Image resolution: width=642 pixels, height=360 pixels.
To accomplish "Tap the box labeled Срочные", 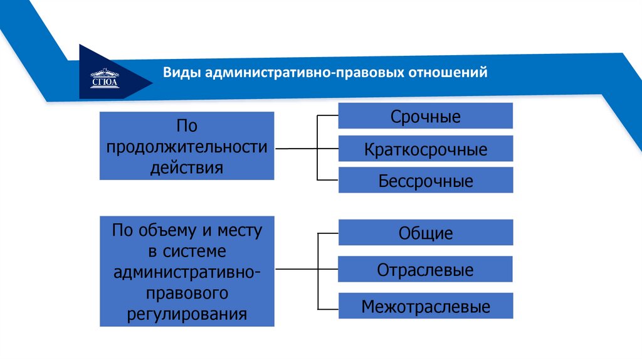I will click(x=426, y=116).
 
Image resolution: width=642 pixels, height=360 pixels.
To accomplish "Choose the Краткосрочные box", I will click(x=426, y=149).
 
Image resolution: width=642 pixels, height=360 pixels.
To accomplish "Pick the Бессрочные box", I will click(x=426, y=181).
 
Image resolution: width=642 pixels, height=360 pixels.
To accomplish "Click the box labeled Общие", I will click(x=426, y=233).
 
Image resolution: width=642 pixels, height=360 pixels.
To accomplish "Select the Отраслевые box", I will click(x=426, y=270).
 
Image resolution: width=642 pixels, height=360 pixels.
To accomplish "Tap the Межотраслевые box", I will click(x=426, y=307).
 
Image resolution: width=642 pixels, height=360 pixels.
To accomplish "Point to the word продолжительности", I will click(x=187, y=147).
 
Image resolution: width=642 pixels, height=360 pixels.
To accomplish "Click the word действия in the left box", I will click(x=187, y=167).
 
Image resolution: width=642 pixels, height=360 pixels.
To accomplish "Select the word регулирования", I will click(x=187, y=313).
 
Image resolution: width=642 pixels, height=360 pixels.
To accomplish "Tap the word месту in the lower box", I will click(x=238, y=230).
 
